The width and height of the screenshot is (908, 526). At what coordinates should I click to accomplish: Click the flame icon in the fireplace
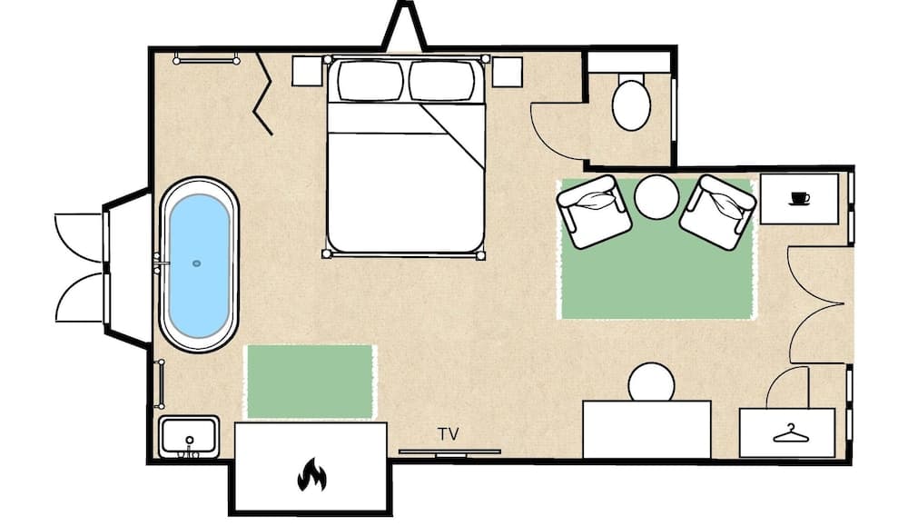click(x=311, y=474)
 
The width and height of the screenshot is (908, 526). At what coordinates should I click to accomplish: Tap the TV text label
click(x=449, y=434)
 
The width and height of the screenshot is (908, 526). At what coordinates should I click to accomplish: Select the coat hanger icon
click(x=790, y=433)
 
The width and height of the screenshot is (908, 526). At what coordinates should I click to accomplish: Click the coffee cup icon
click(x=799, y=198)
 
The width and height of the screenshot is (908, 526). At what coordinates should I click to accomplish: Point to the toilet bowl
click(x=631, y=103)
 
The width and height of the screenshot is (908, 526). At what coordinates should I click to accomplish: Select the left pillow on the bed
click(x=370, y=80)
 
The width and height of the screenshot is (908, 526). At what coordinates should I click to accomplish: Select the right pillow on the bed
click(x=441, y=80)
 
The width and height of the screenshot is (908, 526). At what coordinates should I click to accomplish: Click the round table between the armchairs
click(x=656, y=197)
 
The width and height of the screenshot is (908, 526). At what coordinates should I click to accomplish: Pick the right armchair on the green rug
click(x=717, y=211)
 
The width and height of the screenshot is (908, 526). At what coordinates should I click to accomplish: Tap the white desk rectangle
click(x=646, y=430)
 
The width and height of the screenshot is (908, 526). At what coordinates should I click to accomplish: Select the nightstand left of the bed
click(x=308, y=71)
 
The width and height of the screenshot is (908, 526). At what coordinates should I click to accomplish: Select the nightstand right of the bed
click(x=506, y=71)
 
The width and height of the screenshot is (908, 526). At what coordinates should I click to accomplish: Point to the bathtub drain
click(x=196, y=263)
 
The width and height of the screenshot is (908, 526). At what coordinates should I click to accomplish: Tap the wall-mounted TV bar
click(x=449, y=451)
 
